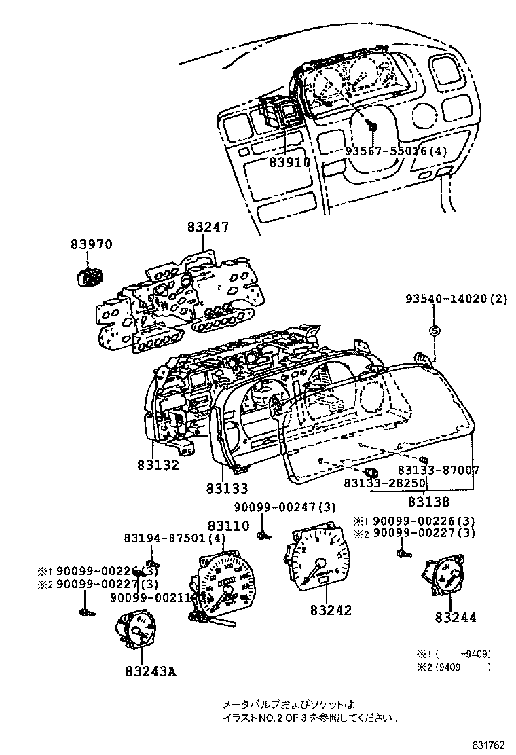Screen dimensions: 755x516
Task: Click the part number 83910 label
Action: (x=289, y=163)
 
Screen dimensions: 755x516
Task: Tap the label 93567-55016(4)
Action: (x=397, y=151)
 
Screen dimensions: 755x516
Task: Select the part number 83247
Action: (x=208, y=228)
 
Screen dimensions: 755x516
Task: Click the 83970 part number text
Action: (x=90, y=244)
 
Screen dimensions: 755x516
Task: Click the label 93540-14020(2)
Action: (x=456, y=299)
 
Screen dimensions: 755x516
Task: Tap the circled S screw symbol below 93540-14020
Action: (x=435, y=331)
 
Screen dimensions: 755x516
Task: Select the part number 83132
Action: (x=158, y=465)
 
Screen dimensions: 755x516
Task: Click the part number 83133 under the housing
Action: (x=227, y=487)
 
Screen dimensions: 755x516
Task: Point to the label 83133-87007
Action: (x=439, y=470)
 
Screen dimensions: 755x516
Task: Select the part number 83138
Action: (x=429, y=502)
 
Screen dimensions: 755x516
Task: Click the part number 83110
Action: (x=229, y=526)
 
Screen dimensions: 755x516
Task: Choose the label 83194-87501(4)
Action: (x=174, y=538)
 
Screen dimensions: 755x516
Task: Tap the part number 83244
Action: (x=456, y=617)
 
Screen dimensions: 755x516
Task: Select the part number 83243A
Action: (x=150, y=671)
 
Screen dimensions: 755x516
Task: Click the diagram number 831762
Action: (x=489, y=745)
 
